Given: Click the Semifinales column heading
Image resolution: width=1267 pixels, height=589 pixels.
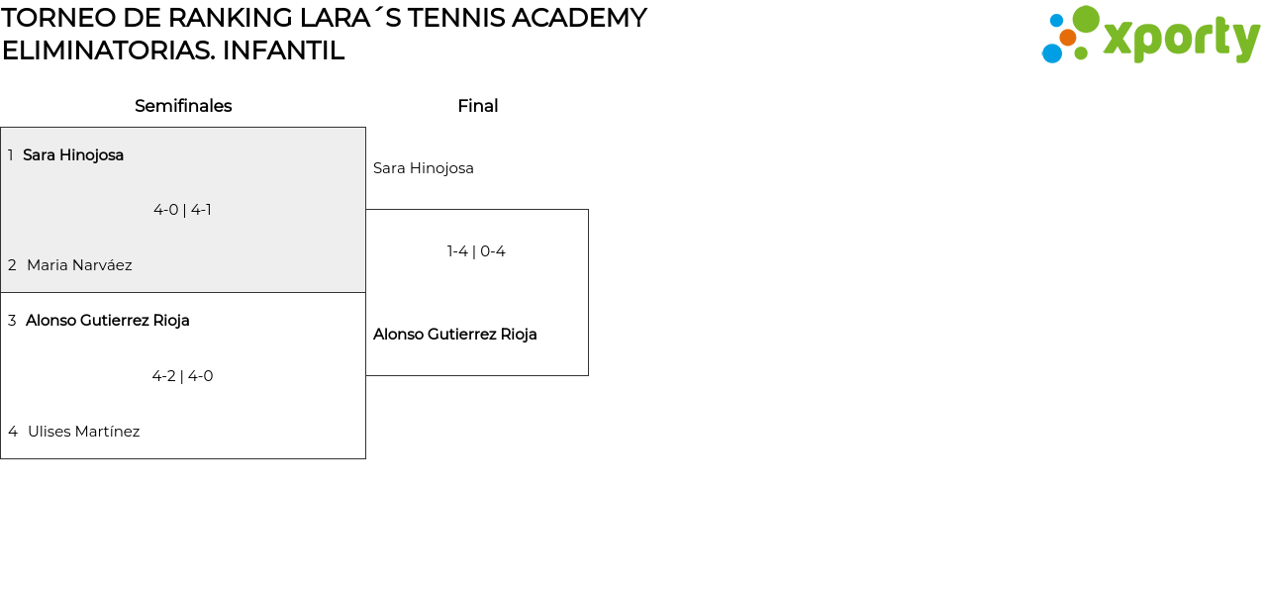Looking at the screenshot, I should [x=183, y=106].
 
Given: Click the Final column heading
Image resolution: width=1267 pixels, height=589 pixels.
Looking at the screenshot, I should [x=477, y=106].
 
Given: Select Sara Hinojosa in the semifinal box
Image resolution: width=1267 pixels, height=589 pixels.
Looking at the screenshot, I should [x=73, y=155].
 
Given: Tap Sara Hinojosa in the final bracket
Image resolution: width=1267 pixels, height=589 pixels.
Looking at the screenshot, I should [x=424, y=168].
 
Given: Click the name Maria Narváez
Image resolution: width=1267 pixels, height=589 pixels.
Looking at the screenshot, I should [x=79, y=265].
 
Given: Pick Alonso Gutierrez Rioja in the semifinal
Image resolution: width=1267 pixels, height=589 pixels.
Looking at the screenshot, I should [x=108, y=321].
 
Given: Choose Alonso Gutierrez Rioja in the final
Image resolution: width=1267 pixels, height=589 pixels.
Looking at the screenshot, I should [x=455, y=335].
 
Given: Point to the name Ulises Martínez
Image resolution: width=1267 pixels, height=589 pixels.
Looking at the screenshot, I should [x=83, y=432].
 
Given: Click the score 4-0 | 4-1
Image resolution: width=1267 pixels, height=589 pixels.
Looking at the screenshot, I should [x=182, y=210].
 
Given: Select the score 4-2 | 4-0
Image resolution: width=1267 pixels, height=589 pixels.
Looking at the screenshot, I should [x=182, y=376].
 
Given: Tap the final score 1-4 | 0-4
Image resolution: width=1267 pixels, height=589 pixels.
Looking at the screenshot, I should [x=476, y=251].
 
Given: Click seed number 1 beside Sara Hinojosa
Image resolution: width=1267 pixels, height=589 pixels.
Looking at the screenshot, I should [x=11, y=155].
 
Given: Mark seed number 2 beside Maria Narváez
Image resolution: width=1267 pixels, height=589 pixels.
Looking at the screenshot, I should [x=12, y=265].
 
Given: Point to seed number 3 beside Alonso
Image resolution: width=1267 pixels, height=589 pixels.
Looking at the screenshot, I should [x=12, y=321].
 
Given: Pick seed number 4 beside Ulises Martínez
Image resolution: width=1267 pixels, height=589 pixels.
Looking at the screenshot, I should [x=13, y=432].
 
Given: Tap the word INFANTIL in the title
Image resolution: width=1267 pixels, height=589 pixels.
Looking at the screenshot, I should [x=283, y=50].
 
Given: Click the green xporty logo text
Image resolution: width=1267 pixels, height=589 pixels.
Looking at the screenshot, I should [x=1181, y=40].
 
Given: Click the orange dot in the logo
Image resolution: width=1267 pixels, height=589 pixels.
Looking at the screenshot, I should [x=1067, y=38].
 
